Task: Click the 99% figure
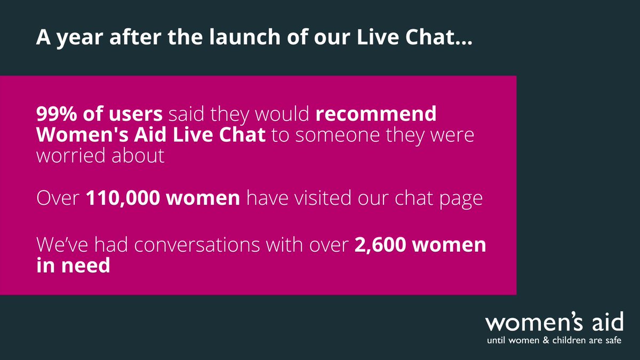click(x=55, y=114)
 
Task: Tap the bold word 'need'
click(x=84, y=266)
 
